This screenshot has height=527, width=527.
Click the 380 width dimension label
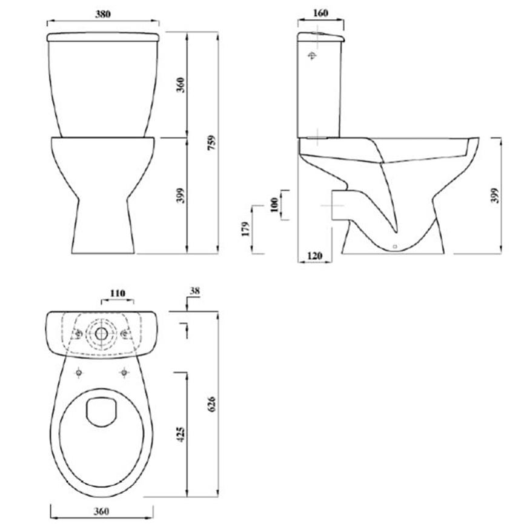point(103,14)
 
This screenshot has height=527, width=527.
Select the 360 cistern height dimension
point(181,85)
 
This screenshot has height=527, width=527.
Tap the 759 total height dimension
point(211,143)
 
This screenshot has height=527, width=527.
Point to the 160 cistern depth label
point(320,13)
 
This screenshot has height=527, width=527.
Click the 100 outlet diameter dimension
point(274,205)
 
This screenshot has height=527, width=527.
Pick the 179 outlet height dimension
point(246,229)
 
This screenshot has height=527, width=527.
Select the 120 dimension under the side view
point(314,256)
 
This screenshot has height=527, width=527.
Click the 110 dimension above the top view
point(118,293)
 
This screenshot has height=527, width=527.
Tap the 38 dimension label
point(194,291)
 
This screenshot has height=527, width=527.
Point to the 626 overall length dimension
point(211,404)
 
